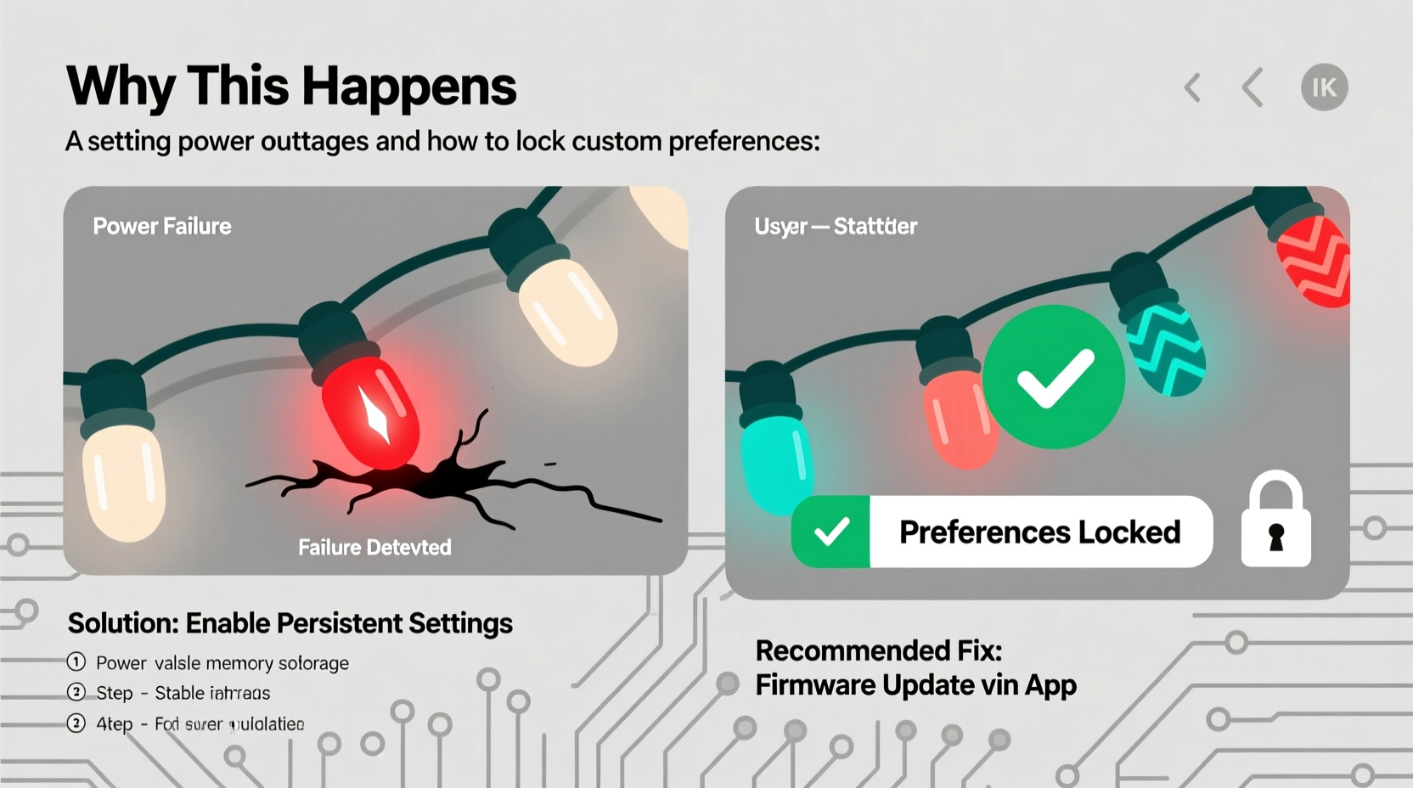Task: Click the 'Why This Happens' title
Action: point(290,87)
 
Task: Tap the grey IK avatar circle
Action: point(1324,87)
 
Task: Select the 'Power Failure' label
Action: point(162,226)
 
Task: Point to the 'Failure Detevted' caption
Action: point(374,548)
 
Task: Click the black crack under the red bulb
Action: point(442,484)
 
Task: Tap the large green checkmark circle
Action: point(1054,377)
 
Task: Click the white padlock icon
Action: point(1275,522)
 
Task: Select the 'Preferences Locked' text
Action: point(1039,532)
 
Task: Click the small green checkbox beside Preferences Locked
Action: point(830,532)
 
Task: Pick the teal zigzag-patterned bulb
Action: point(1166,348)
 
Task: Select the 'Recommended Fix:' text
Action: point(879,651)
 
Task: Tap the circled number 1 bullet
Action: point(76,662)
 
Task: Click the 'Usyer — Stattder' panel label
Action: point(836,227)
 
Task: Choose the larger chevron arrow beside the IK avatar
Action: point(1253,87)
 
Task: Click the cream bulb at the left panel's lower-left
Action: point(123,480)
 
